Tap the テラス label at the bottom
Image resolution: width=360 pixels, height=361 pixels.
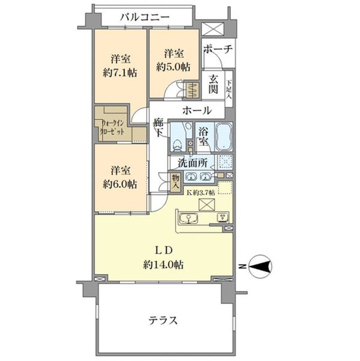pos(163,320)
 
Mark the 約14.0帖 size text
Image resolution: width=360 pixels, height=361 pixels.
pos(163,265)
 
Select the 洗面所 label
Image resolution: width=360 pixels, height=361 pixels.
pos(192,162)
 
